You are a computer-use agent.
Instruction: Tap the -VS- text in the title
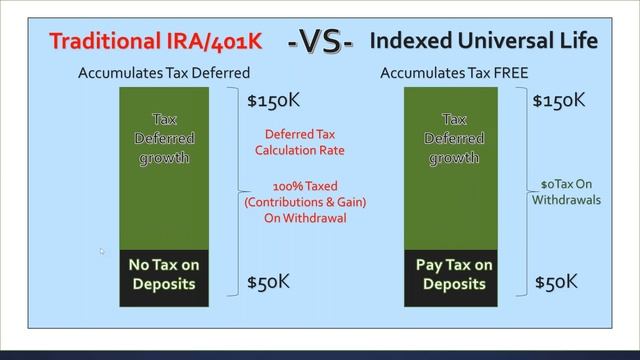tap(320, 43)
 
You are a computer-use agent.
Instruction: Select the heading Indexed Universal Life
tap(484, 41)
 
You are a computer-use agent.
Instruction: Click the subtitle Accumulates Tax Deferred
tap(164, 73)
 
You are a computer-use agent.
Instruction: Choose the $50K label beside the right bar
tap(556, 281)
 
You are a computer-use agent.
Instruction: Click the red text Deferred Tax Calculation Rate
tap(304, 142)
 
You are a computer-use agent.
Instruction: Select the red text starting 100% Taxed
tap(305, 201)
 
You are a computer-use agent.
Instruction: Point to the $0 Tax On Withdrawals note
tap(567, 191)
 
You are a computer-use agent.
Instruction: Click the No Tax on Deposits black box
tap(164, 274)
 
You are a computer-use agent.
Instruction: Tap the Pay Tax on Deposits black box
tap(454, 274)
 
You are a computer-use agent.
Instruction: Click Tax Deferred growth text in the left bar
tap(164, 138)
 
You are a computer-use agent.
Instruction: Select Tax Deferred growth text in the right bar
tap(454, 138)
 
